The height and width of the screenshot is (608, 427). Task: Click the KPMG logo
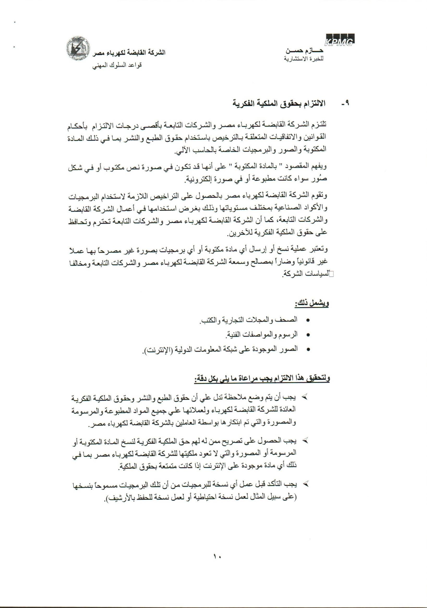(340, 39)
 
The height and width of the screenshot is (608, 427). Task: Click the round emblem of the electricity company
(77, 49)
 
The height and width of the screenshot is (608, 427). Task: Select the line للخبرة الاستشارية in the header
(304, 58)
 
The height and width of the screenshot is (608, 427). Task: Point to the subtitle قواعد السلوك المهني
(117, 65)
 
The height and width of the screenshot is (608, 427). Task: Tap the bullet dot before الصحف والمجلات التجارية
(308, 320)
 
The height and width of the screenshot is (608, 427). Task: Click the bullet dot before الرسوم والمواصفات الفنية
(308, 335)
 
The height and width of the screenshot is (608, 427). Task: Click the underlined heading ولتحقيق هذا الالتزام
(262, 379)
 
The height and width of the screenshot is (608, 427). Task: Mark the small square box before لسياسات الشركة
(330, 275)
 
